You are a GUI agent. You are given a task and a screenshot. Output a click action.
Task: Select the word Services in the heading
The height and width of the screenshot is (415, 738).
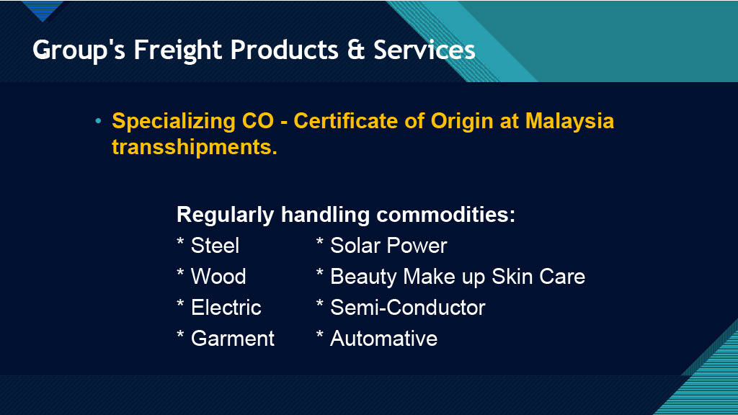click(424, 50)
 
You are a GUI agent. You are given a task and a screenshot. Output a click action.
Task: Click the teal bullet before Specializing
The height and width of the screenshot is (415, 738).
click(98, 121)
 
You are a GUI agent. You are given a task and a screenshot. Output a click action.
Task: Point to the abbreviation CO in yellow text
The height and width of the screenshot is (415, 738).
click(257, 121)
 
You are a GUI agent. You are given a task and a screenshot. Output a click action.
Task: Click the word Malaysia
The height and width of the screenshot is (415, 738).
click(569, 121)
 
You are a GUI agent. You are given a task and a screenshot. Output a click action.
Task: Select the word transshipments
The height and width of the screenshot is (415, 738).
click(195, 147)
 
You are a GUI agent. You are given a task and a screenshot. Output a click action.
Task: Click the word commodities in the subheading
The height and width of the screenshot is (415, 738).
click(445, 215)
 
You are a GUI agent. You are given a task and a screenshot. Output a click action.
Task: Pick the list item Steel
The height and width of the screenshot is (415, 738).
click(215, 246)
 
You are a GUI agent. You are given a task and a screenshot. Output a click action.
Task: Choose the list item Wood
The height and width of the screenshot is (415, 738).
click(218, 277)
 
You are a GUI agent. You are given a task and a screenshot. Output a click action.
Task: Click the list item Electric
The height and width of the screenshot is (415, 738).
click(226, 308)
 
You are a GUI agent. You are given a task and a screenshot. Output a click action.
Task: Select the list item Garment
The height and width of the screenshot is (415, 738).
click(233, 339)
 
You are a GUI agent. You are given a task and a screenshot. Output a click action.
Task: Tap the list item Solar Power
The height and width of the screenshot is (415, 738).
click(388, 246)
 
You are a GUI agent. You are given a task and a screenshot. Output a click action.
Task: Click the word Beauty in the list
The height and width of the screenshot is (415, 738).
click(363, 277)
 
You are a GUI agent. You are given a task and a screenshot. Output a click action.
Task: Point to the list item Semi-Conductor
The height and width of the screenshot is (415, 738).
click(408, 308)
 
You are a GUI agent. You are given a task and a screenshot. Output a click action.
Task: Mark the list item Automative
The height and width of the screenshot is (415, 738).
click(384, 339)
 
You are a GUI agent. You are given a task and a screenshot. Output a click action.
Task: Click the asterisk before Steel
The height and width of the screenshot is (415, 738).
click(180, 242)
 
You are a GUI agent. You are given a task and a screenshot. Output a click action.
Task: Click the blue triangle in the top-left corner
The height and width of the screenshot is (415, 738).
click(43, 9)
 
